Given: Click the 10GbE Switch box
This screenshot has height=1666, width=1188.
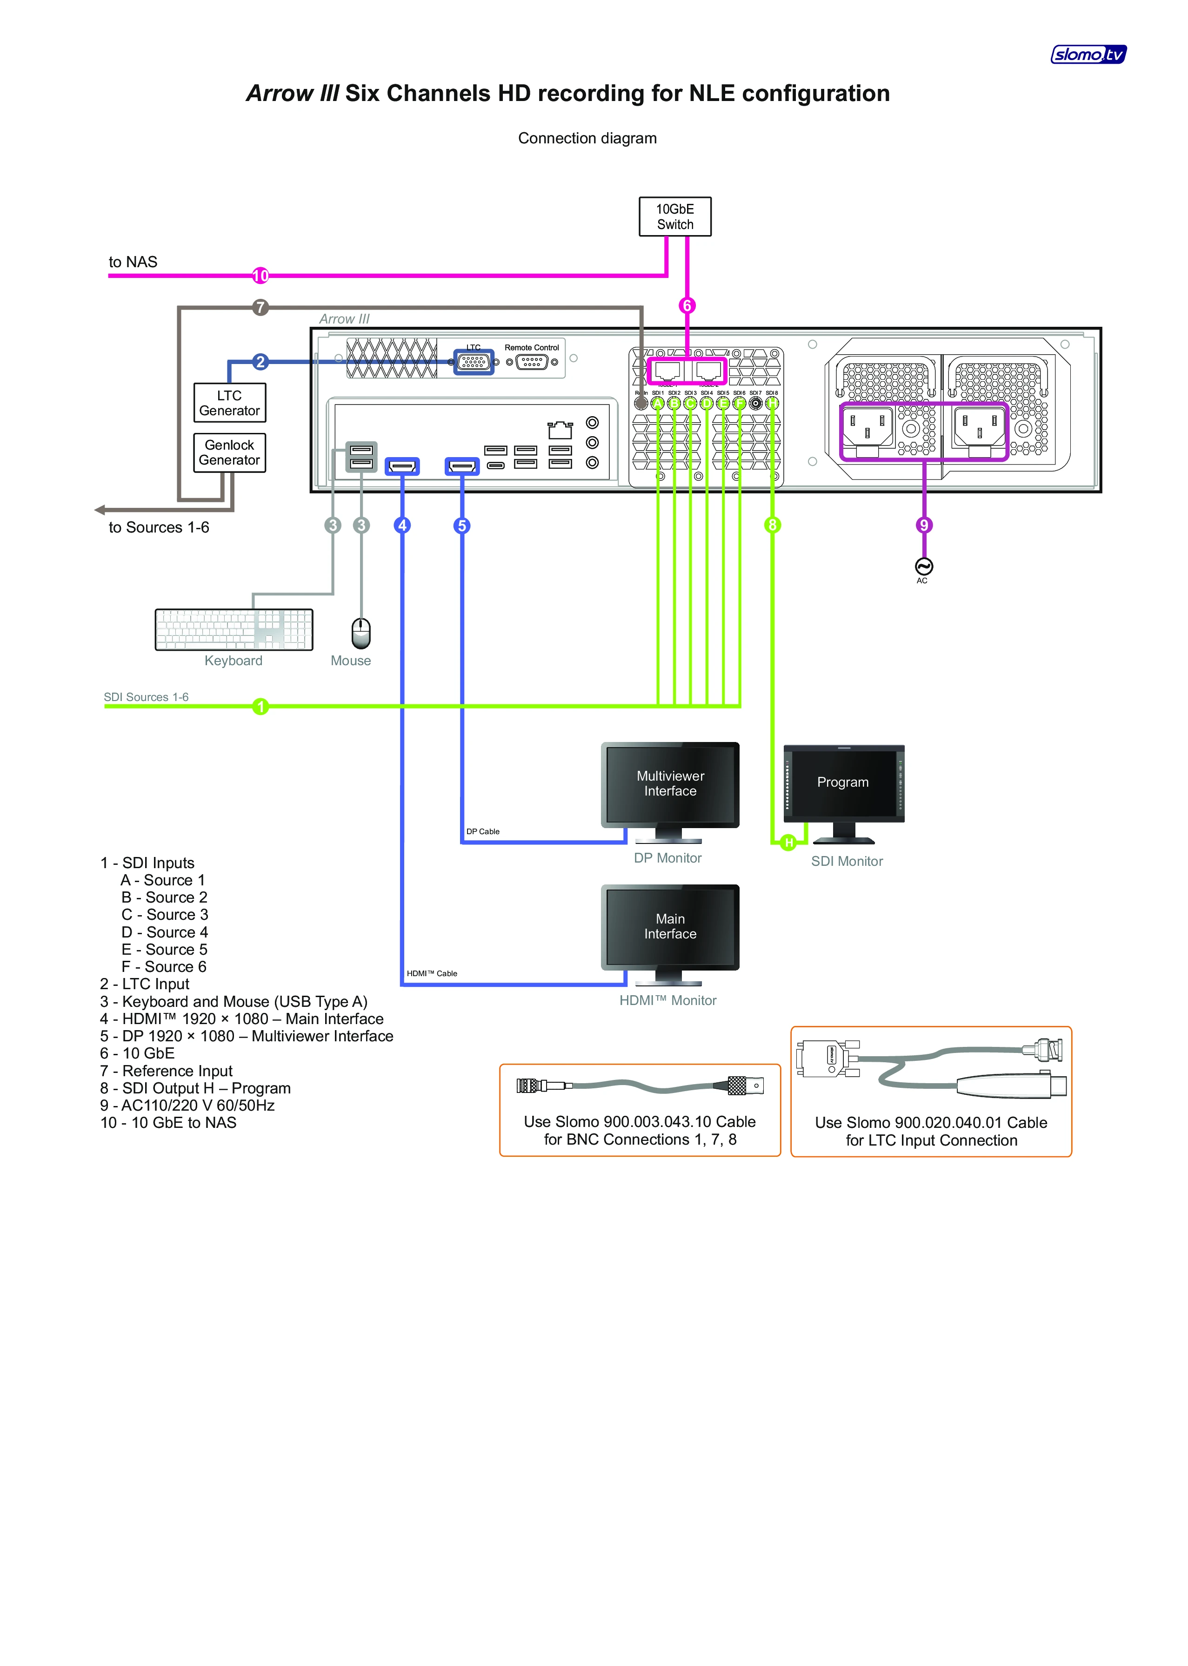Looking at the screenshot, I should click(674, 216).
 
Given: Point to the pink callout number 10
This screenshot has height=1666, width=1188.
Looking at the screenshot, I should click(260, 276).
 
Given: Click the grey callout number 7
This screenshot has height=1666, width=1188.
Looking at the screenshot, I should click(260, 307).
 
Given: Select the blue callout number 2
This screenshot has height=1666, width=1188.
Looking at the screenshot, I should click(260, 362).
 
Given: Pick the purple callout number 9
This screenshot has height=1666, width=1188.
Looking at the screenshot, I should click(924, 525).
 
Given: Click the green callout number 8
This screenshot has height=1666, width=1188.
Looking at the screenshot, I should click(772, 525).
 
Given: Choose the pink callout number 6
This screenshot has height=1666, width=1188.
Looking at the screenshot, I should click(686, 305).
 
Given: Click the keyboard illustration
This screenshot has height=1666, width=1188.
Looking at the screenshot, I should click(234, 629).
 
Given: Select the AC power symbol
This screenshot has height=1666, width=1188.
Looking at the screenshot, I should click(924, 566).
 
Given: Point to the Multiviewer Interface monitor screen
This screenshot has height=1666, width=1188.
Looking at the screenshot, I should click(670, 784).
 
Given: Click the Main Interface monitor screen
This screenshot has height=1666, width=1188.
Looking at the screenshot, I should click(670, 927).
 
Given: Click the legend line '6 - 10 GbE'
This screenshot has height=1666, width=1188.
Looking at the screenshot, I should click(138, 1053).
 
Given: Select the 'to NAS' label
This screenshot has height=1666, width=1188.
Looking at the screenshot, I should click(133, 262).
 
